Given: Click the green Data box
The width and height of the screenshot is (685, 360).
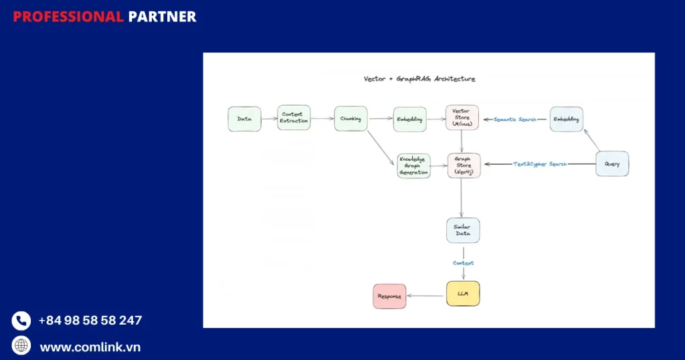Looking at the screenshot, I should (244, 118).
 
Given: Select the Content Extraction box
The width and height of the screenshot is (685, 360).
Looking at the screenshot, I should (294, 118).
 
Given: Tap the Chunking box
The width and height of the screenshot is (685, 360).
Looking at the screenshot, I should (351, 119).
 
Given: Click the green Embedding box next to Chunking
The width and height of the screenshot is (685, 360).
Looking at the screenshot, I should (409, 119).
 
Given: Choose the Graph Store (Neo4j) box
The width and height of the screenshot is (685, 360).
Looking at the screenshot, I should (464, 165).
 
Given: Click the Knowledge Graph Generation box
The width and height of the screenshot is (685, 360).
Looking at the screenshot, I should (413, 165).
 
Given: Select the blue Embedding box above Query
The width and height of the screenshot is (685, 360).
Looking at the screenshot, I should (567, 119).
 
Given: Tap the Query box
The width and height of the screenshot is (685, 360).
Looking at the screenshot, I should (612, 164).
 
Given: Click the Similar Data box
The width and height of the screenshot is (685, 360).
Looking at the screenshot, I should (463, 230).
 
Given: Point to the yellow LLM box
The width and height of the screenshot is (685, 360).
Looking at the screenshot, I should (463, 294).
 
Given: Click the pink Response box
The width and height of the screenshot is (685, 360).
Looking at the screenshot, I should (389, 296).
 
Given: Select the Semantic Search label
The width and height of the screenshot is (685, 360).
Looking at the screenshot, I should (515, 119).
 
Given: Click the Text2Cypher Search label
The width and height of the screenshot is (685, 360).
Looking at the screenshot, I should (540, 164).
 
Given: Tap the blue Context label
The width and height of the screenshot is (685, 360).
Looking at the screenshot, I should (463, 263).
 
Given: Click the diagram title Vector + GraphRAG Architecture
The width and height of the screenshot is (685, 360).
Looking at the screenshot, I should (419, 79).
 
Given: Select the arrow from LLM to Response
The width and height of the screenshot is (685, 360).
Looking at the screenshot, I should (426, 295).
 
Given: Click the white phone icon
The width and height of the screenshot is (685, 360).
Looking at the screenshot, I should (21, 321).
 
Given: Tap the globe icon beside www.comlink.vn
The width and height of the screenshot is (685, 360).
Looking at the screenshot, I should (21, 345).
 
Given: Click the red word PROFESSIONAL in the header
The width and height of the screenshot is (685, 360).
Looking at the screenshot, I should (68, 17).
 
